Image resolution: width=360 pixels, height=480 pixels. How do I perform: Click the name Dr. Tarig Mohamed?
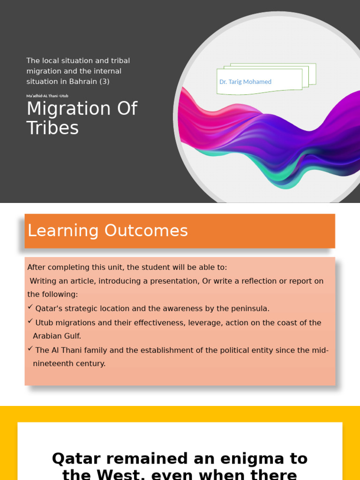point(245,82)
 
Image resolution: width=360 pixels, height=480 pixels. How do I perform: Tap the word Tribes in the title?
point(52,128)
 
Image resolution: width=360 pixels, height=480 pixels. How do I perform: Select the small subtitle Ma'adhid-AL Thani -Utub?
point(47,96)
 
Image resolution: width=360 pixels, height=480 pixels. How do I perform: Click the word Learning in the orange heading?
point(63,231)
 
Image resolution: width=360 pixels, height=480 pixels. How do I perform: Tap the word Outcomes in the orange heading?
point(146,231)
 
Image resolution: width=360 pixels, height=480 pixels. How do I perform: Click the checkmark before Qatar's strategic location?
point(30,307)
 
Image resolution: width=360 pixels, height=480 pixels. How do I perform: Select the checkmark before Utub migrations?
point(30,322)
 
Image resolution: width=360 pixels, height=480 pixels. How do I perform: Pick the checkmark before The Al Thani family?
point(30,349)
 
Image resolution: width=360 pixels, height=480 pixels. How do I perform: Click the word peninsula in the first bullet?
point(251,308)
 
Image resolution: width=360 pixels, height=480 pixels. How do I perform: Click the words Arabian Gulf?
point(57,336)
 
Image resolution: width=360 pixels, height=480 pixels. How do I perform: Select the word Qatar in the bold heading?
point(76,458)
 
